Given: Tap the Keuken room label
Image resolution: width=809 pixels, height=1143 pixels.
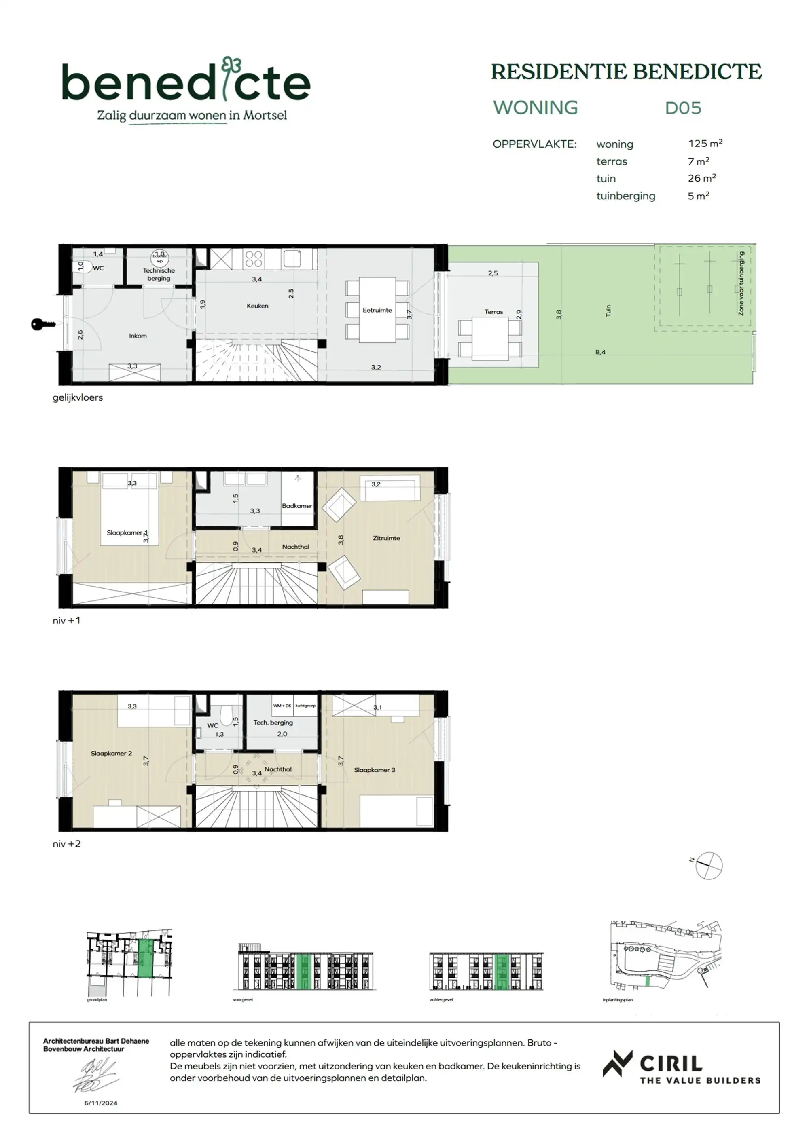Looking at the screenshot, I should point(258,306).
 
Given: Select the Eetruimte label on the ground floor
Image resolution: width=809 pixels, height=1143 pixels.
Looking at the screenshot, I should point(377,310).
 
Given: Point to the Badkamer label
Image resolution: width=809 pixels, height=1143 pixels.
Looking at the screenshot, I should point(297,506).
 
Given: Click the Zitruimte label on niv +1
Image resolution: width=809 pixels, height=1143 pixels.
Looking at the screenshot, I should point(386,538).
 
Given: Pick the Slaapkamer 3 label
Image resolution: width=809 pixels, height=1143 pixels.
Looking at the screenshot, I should point(375,770).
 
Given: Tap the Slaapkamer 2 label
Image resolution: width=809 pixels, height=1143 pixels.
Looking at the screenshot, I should point(111,753).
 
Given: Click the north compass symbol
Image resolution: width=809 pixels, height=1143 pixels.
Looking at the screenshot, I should point(708,866).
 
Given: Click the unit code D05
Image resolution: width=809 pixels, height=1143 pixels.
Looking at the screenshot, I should point(683,108).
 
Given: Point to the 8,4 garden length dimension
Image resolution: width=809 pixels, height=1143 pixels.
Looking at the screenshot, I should point(600,352).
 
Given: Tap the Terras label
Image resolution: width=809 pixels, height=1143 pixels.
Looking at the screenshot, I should point(493,312).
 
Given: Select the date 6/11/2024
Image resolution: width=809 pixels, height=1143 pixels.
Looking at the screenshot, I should point(101,1103).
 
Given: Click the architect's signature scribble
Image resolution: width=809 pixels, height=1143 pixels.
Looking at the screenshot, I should point(95,1075).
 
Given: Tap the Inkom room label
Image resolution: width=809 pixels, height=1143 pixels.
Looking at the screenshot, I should point(138,336).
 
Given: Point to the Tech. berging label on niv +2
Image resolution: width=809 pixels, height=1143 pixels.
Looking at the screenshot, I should point(273,723).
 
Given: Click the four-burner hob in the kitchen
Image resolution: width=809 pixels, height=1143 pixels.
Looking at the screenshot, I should point(254,259).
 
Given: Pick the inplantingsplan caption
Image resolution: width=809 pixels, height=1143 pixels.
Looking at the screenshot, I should point(617,999).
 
